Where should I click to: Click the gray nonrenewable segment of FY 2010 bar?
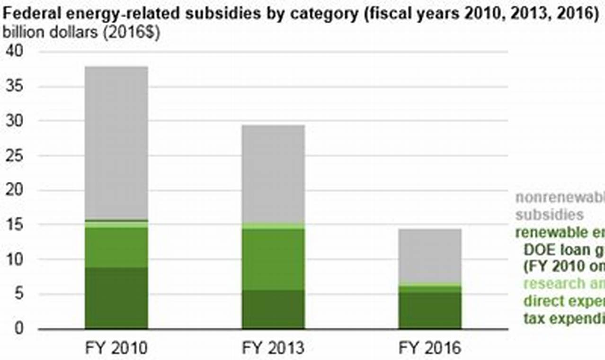click(x=116, y=142)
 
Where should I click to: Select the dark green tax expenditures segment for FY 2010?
click(x=116, y=297)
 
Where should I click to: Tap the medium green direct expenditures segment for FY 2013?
click(x=273, y=259)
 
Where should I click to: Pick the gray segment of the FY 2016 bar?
click(x=429, y=256)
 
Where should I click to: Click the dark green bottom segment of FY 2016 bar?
click(x=429, y=310)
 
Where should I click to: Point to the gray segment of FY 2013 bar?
click(x=273, y=173)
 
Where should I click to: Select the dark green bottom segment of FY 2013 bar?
click(x=273, y=309)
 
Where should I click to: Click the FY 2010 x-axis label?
click(x=116, y=348)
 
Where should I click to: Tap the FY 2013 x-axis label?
click(x=273, y=348)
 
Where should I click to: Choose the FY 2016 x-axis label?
click(x=429, y=348)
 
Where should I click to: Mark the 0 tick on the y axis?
click(x=20, y=328)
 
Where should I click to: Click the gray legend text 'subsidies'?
click(x=549, y=215)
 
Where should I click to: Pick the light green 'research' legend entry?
click(x=563, y=283)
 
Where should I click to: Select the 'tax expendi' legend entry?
click(x=563, y=318)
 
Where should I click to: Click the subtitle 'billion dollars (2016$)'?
click(x=81, y=33)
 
